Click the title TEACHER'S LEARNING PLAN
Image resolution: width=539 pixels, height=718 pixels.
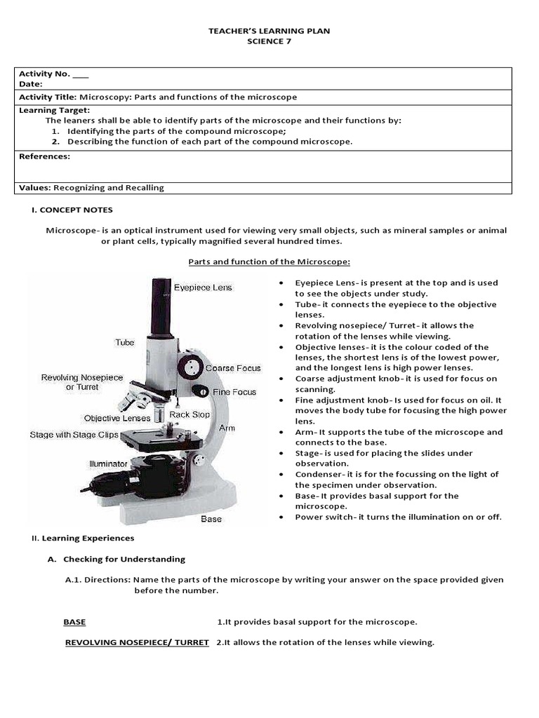(x=269, y=31)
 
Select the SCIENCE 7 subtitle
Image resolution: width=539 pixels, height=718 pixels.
(x=269, y=41)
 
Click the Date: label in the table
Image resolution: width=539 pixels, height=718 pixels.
(x=31, y=84)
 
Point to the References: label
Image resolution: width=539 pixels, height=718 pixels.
(x=44, y=156)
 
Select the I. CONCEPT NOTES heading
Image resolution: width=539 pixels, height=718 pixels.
(x=72, y=210)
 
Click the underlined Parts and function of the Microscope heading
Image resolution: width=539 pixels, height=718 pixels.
(x=269, y=262)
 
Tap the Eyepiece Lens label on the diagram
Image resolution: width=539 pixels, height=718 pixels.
(x=203, y=287)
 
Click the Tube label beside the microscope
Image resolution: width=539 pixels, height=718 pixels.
(x=125, y=342)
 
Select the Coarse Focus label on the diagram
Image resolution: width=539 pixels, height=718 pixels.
(x=232, y=368)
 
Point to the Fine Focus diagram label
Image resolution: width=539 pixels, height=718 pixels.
(x=234, y=392)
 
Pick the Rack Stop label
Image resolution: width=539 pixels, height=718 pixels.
(x=189, y=414)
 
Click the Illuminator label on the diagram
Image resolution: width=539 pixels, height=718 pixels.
(x=108, y=463)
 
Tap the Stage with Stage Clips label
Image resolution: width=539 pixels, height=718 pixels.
(x=74, y=435)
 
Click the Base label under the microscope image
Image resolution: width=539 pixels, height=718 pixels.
(x=211, y=519)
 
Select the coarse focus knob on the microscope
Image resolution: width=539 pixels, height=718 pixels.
(x=189, y=367)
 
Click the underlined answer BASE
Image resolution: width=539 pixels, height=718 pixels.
(x=74, y=622)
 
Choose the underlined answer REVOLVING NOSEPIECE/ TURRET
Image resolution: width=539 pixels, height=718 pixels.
(x=137, y=642)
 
